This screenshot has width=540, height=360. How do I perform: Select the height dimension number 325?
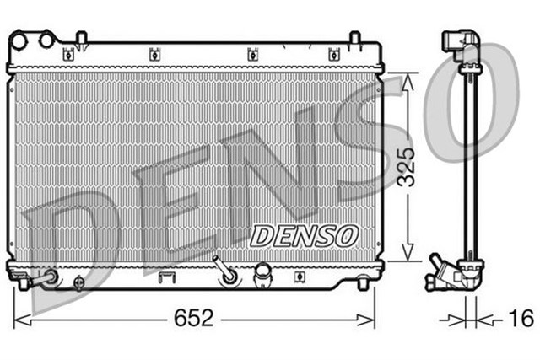pyautogui.click(x=408, y=165)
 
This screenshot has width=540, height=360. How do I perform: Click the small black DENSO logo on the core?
pyautogui.click(x=305, y=234)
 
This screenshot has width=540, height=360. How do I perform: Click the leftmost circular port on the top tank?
pyautogui.click(x=19, y=39)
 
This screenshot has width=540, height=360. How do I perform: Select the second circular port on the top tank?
pyautogui.click(x=46, y=38)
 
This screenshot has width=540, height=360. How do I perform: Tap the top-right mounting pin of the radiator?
pyautogui.click(x=355, y=39)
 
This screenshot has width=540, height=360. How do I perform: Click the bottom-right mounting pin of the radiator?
pyautogui.click(x=362, y=282)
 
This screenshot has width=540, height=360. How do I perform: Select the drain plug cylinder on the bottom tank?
pyautogui.click(x=262, y=271)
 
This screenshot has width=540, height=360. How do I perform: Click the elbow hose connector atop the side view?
pyautogui.click(x=462, y=45)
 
